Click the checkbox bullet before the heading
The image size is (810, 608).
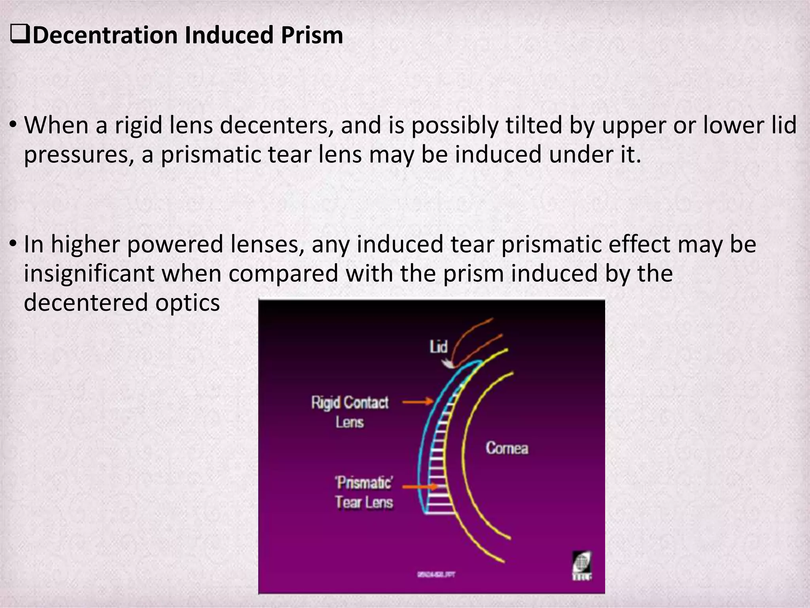pos(20,36)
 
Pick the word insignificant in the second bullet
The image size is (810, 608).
pos(89,274)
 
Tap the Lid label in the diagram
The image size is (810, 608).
pos(438,347)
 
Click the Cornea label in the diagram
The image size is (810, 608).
pos(507,448)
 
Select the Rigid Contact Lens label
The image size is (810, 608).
pos(350,412)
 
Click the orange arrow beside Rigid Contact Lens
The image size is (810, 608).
pos(418,402)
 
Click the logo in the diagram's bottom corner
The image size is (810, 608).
pos(582,566)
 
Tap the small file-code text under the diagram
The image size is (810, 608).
pos(435,574)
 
